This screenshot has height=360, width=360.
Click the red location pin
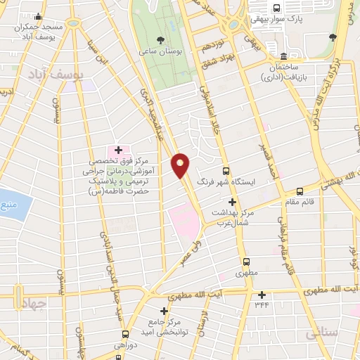click(181, 165)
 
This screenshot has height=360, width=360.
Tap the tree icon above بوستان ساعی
click(161, 39)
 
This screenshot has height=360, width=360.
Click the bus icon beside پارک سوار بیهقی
click(276, 8)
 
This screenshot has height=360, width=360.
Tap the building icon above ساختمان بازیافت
click(283, 56)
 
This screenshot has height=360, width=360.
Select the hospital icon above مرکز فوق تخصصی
click(118, 150)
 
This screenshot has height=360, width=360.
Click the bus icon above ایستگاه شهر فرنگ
click(226, 170)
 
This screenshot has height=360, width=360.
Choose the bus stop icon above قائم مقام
click(300, 191)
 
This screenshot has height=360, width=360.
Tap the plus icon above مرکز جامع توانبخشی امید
click(164, 311)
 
